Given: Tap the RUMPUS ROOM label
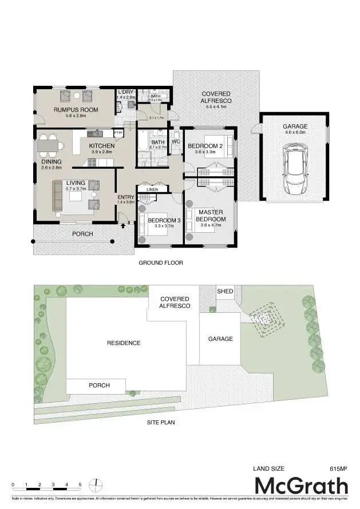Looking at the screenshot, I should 76,109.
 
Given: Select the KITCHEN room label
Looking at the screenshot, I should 102,146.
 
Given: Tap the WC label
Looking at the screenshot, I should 176,141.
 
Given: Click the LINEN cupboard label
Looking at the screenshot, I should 152,189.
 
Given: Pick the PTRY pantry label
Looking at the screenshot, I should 118,133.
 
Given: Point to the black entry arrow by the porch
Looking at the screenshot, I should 123,225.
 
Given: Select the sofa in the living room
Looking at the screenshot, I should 58,195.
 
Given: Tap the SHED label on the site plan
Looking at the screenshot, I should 225,292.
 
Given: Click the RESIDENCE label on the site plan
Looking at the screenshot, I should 124,343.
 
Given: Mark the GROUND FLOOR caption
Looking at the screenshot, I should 161,263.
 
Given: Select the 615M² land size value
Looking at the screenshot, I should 338,469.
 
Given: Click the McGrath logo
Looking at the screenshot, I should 301,487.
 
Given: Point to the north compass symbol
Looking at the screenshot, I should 98,484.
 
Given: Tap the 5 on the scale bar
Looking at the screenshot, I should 80,484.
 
